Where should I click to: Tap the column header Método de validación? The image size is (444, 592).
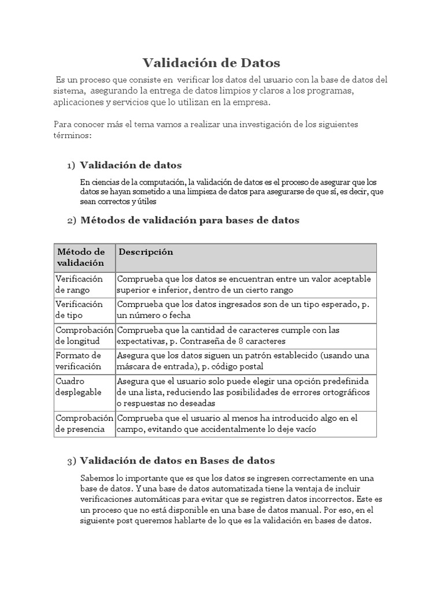[81, 257]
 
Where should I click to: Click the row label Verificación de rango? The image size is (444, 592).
[79, 284]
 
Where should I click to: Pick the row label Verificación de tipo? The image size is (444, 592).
[79, 310]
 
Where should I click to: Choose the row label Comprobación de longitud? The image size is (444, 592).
[84, 335]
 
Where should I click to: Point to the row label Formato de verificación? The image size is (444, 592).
[79, 361]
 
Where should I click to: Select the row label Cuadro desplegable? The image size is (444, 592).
[79, 386]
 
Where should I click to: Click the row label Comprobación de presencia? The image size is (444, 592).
[84, 423]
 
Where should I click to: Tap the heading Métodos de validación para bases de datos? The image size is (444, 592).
[190, 220]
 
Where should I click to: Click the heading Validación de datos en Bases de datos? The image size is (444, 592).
[177, 461]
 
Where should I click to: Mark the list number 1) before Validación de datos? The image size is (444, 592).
[71, 166]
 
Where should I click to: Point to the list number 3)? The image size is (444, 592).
[71, 461]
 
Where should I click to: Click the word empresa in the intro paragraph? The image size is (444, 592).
[251, 102]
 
